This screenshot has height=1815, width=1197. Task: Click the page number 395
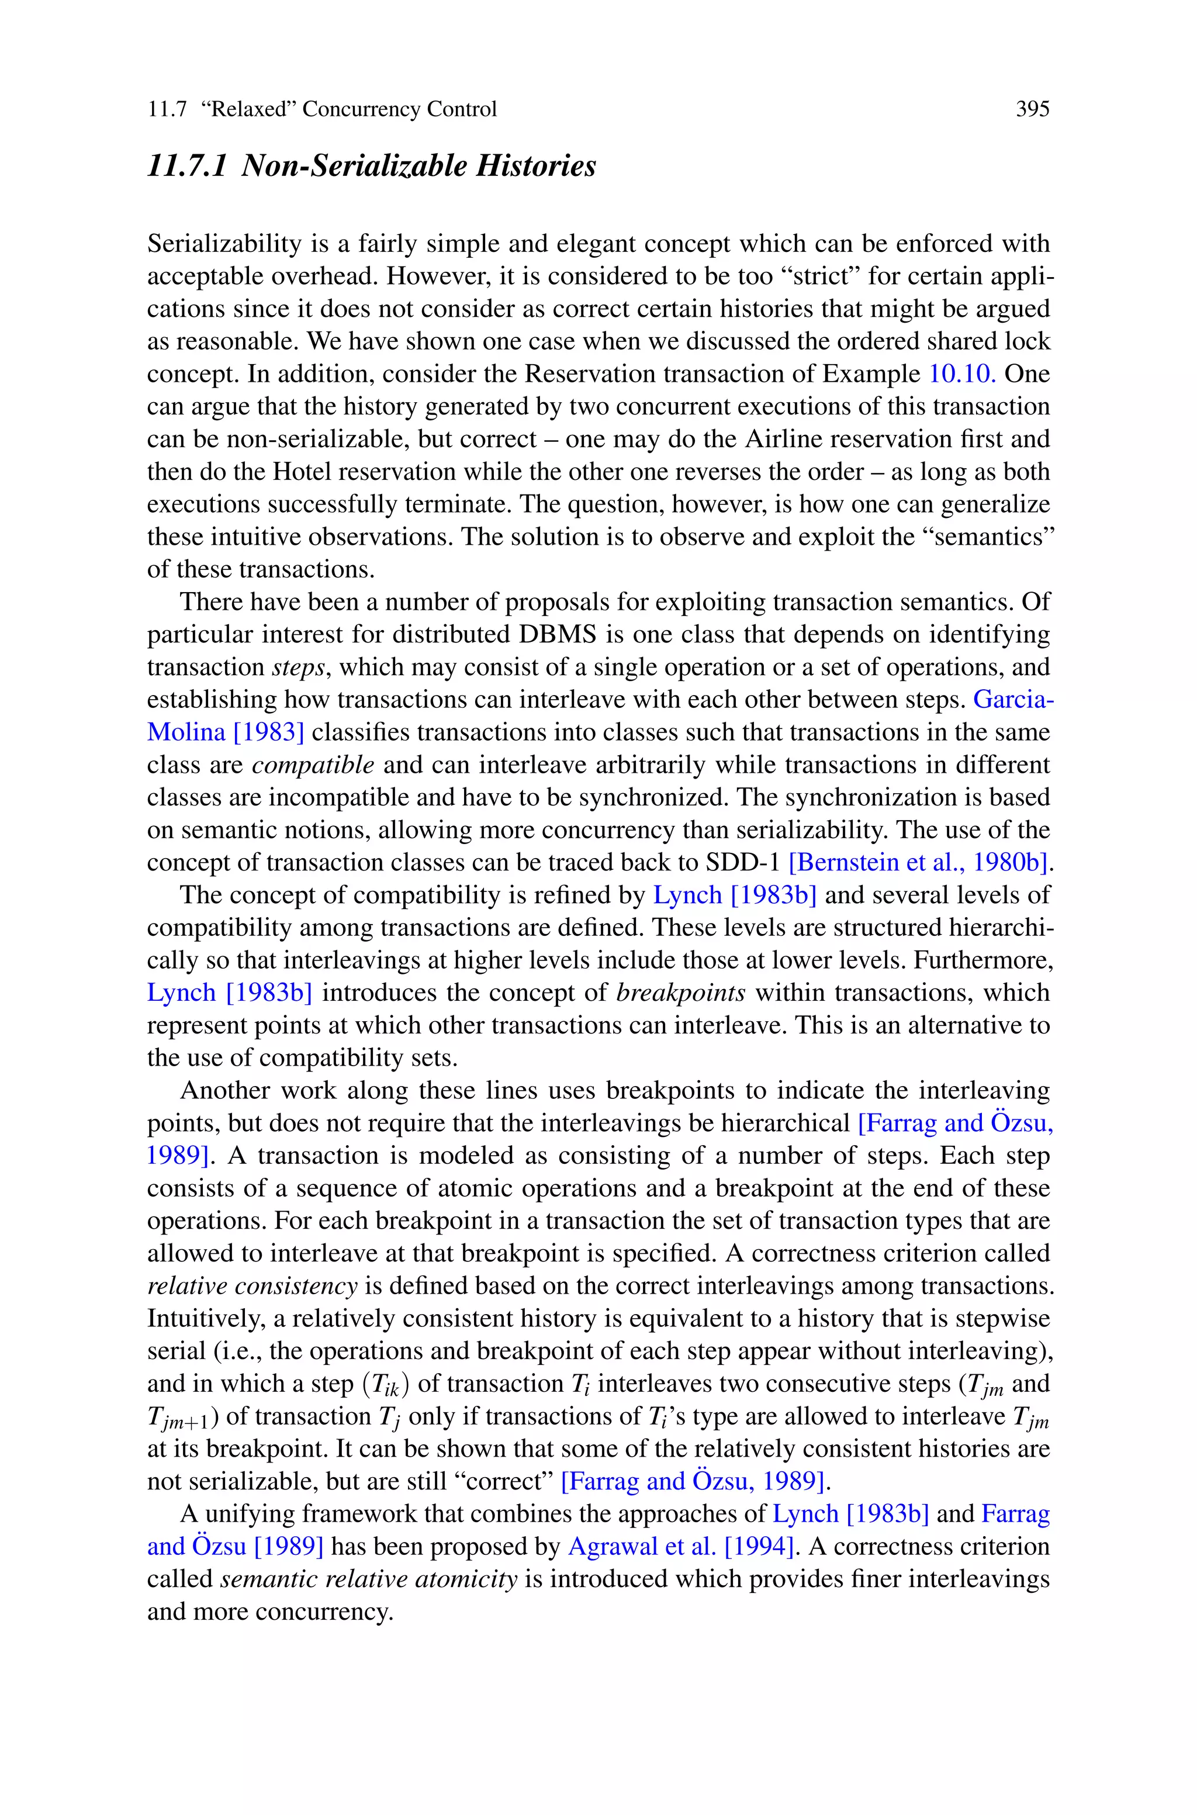click(x=1032, y=110)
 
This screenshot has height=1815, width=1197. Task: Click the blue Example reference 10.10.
click(x=962, y=374)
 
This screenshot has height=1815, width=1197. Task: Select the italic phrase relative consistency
click(x=252, y=1286)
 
